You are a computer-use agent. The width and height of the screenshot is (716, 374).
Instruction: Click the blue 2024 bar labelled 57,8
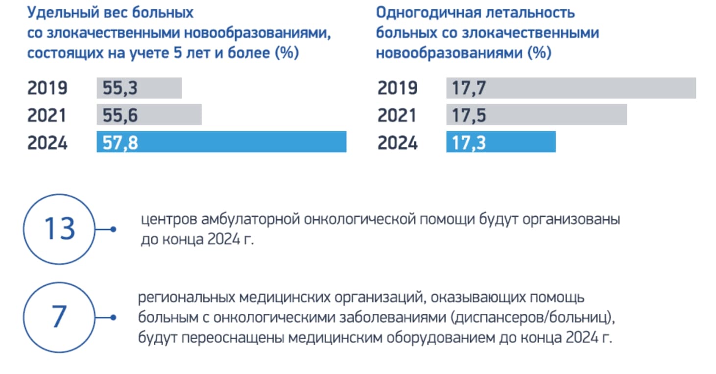point(221,142)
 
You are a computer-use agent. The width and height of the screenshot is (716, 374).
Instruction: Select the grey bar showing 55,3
point(139,88)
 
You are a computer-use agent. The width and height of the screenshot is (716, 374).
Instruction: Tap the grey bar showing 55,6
point(149,115)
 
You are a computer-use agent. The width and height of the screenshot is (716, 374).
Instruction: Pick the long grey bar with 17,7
point(571,88)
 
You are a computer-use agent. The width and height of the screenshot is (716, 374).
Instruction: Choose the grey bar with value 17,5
point(536,115)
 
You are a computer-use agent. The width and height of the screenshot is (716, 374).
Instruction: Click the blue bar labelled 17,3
point(501,142)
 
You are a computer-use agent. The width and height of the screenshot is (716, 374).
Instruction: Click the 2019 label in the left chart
point(47,88)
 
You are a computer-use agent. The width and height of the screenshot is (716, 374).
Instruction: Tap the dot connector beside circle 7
point(114,317)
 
